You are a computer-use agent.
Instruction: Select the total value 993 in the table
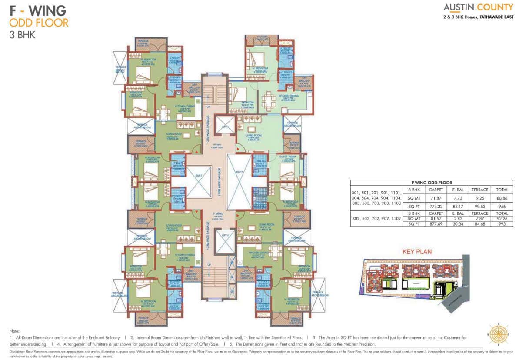point(502,224)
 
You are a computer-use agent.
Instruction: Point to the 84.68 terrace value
point(480,224)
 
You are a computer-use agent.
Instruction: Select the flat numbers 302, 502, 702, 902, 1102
point(376,219)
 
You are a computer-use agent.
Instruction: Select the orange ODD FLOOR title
point(39,22)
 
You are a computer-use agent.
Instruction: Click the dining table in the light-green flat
point(269,100)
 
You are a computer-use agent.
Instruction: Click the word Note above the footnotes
point(14,331)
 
